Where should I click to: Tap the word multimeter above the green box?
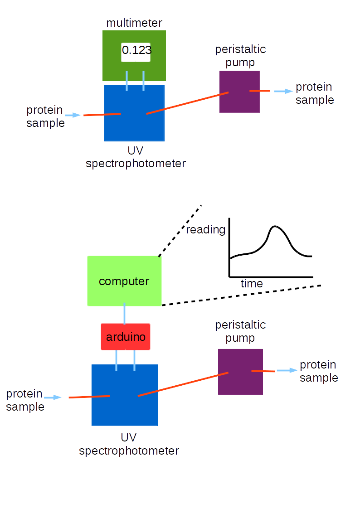(134, 23)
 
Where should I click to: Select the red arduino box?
(126, 337)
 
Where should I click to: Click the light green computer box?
(124, 281)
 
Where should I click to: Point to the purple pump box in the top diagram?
(240, 92)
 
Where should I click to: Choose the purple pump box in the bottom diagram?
(240, 372)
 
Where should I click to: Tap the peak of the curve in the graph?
(275, 226)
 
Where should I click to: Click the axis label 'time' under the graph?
(252, 284)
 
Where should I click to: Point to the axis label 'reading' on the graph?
(205, 230)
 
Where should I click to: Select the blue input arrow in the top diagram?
(73, 115)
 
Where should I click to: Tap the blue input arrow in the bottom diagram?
(53, 398)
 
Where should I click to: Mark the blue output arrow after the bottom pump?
(287, 371)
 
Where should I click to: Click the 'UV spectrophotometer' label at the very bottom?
(129, 445)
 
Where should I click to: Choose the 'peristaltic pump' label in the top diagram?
(240, 55)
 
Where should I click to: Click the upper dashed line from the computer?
(180, 231)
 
